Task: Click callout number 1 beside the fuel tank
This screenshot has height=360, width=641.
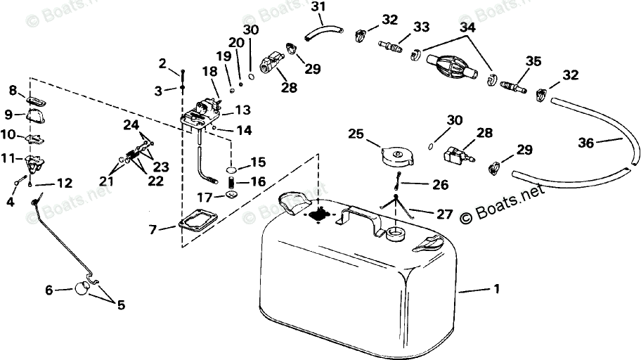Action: point(497,290)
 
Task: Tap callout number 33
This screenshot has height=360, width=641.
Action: point(421,27)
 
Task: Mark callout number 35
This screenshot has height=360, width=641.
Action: point(534,61)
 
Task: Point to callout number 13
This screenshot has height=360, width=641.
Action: point(242,110)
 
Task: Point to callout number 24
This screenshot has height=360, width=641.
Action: point(131,126)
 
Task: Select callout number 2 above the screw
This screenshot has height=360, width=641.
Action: point(162,65)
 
